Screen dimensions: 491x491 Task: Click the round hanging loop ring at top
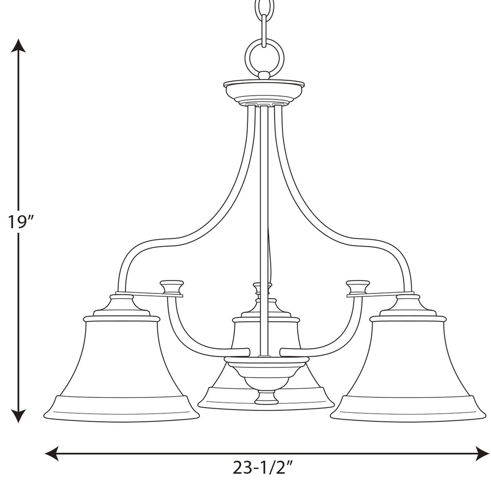coord(264,58)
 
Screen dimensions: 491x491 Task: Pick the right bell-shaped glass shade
coord(408,364)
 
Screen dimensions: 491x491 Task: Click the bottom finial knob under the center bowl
coord(266,397)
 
